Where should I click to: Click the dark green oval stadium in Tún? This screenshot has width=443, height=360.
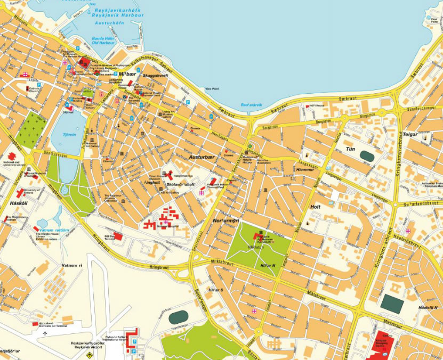click(x=367, y=156)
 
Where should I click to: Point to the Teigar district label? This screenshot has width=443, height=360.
click(x=410, y=135)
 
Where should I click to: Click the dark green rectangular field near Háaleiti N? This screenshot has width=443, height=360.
click(x=392, y=304)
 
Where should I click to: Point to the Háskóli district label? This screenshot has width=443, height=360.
click(x=18, y=203)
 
